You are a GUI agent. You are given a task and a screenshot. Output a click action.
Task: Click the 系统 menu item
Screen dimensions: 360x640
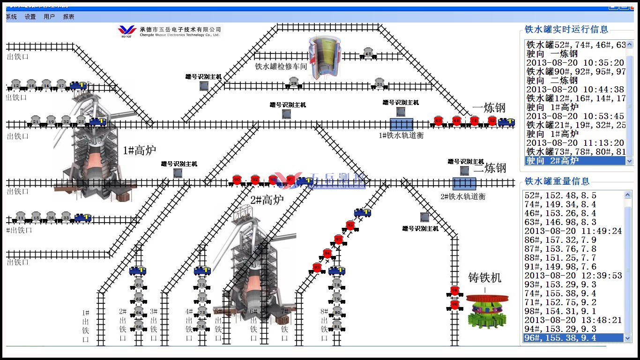click(x=11, y=17)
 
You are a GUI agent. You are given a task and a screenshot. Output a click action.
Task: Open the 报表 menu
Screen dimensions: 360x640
click(x=68, y=17)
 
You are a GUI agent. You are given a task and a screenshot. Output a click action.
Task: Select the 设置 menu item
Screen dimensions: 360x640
click(x=30, y=17)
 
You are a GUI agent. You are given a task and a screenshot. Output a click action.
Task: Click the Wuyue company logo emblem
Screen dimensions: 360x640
click(x=127, y=30)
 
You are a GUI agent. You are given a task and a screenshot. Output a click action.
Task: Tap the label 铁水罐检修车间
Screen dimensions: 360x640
click(x=281, y=67)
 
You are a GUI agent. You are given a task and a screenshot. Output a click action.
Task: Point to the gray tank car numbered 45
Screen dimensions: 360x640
click(x=368, y=53)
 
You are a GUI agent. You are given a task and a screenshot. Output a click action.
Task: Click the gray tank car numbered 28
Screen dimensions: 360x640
click(x=294, y=83)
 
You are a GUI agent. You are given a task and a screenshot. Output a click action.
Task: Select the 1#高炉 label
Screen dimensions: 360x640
click(x=139, y=150)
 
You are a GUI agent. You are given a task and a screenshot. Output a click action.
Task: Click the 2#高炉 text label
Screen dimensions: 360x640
click(x=267, y=200)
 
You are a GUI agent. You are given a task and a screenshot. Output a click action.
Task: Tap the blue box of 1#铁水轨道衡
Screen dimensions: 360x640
click(x=401, y=124)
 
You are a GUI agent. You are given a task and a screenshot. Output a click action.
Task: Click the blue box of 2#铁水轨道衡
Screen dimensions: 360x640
click(x=464, y=183)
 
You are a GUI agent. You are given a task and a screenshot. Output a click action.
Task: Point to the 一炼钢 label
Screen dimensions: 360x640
click(x=489, y=108)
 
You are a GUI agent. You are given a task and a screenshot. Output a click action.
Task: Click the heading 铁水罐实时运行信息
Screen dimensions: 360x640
click(x=566, y=30)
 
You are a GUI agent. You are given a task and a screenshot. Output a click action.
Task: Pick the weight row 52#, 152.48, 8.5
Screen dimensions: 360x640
click(x=560, y=195)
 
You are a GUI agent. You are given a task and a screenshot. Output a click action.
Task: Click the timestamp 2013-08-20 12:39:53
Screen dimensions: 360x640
click(x=573, y=276)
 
